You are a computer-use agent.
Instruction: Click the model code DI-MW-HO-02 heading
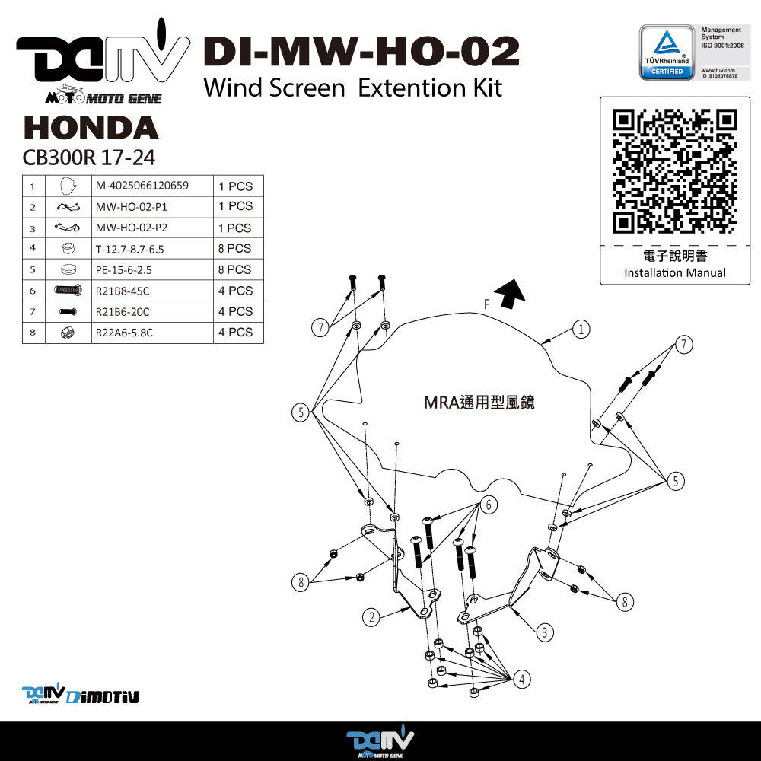[x=361, y=52]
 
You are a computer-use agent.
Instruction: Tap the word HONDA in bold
[x=91, y=128]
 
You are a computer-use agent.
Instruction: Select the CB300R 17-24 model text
[x=89, y=158]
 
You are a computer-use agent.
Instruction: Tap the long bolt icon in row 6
[x=68, y=290]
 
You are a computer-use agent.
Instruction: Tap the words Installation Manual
[x=675, y=272]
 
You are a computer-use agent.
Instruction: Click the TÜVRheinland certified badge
[x=667, y=53]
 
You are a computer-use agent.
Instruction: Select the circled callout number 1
[x=581, y=329]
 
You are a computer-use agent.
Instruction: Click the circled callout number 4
[x=522, y=679]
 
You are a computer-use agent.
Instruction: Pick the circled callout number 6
[x=489, y=505]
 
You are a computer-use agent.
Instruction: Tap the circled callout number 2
[x=371, y=617]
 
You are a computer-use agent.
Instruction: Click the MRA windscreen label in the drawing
[x=479, y=403]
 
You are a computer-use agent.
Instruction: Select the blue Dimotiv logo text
[x=103, y=697]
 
